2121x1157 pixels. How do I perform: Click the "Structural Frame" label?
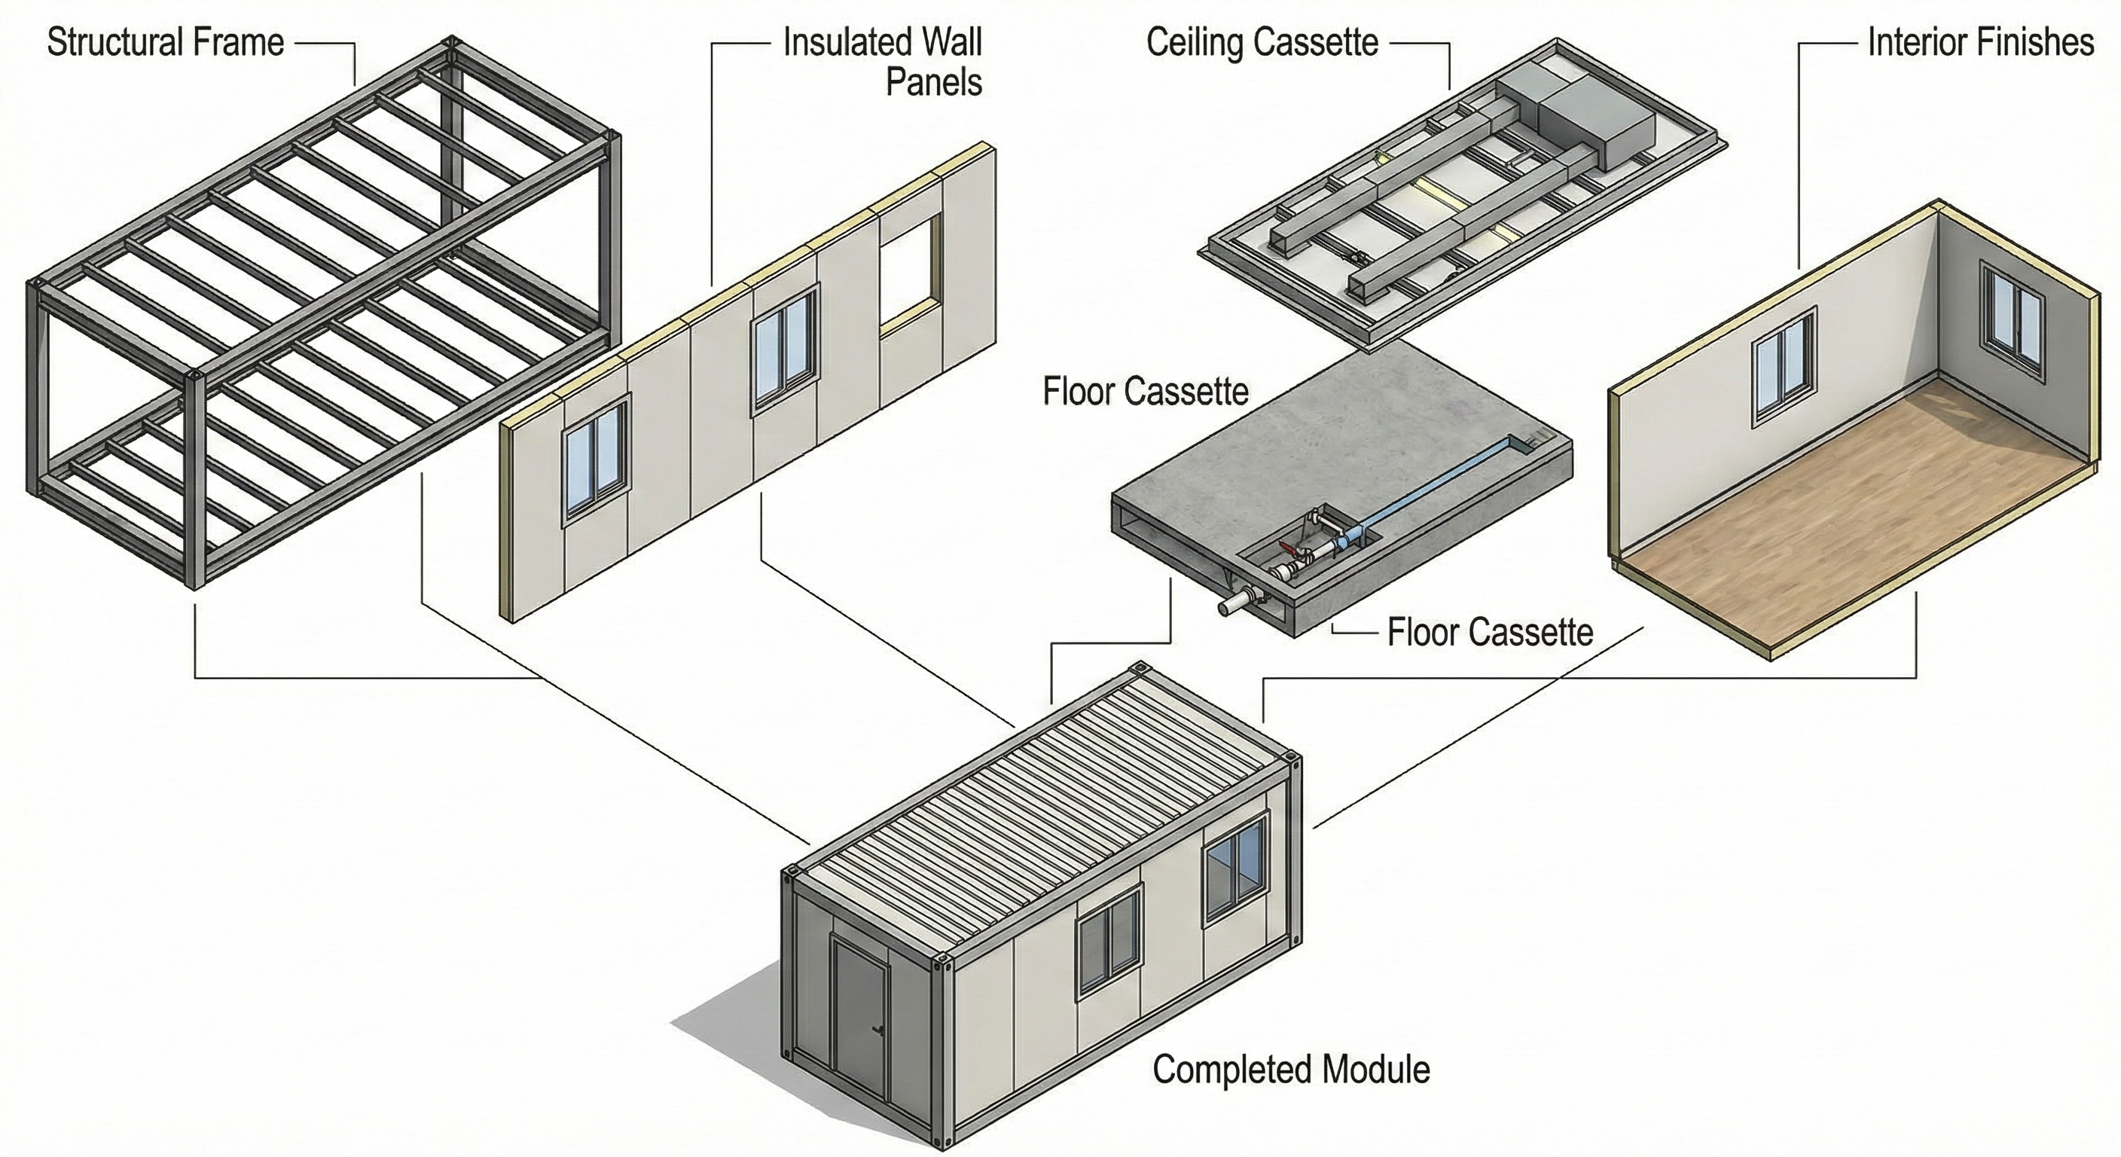point(166,43)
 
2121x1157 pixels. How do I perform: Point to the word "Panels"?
point(934,83)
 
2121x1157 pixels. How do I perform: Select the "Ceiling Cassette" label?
point(1262,43)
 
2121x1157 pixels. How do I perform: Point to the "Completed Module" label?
point(1291,1070)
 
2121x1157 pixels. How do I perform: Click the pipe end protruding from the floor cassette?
point(1228,608)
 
